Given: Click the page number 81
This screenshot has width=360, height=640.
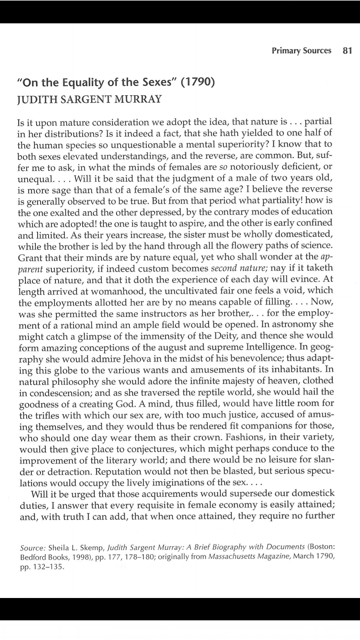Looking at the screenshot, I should pos(347,51).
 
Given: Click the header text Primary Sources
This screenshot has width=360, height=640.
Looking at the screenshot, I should pos(301,51).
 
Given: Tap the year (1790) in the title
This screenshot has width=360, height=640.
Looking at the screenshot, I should pos(197,82).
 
